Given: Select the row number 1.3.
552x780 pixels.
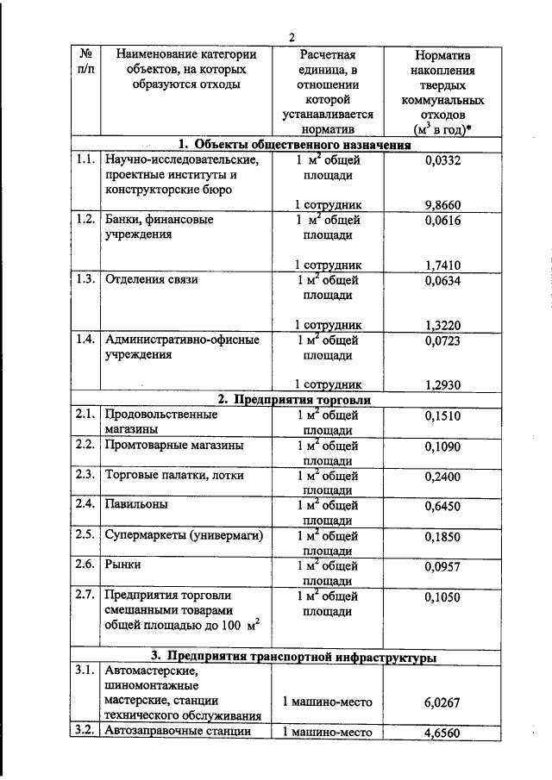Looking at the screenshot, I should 85,279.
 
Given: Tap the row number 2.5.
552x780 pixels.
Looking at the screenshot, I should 85,534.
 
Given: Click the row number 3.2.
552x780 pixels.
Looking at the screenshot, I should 85,732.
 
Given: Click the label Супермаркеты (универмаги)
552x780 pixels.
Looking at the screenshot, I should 183,535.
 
